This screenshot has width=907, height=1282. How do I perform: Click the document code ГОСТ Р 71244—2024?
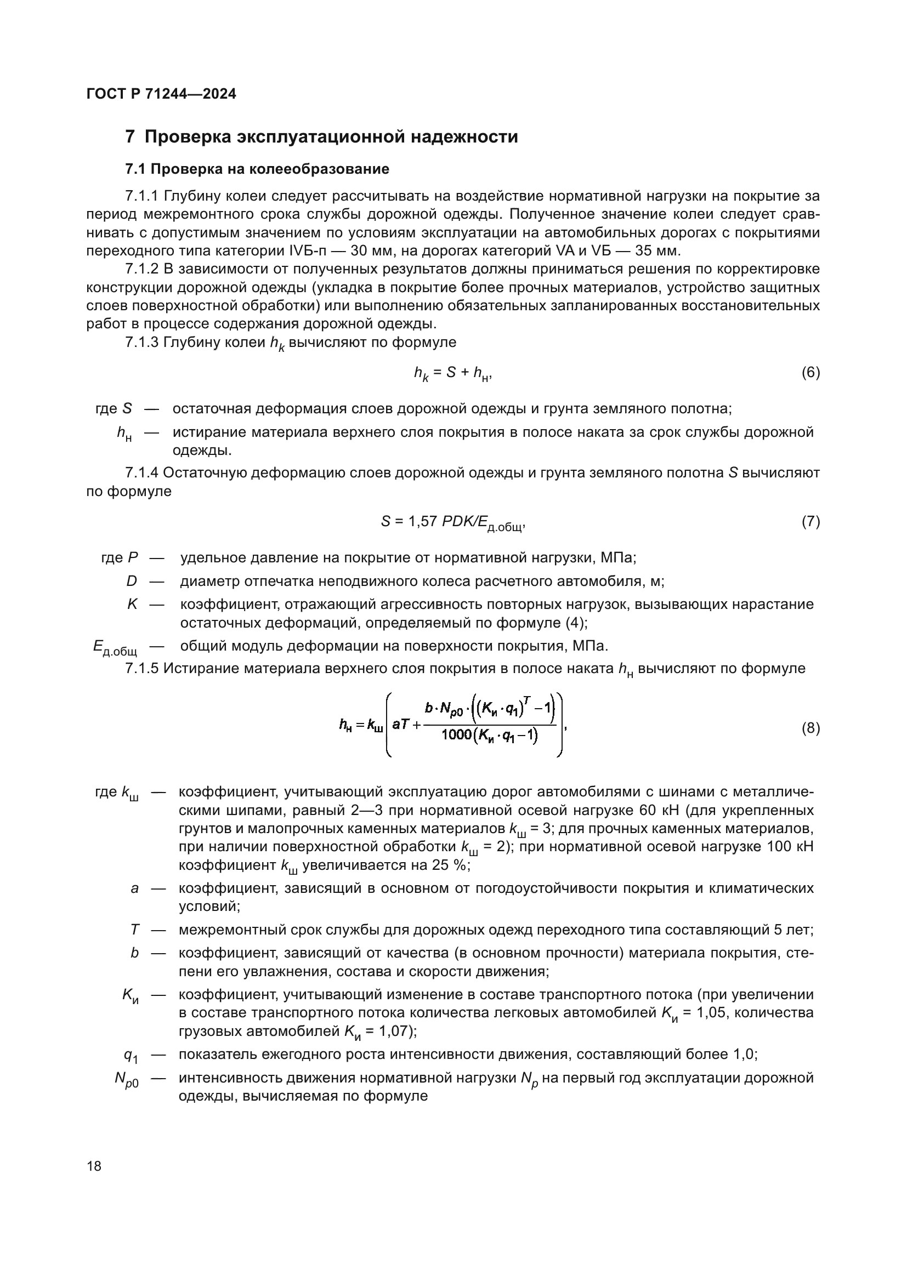pyautogui.click(x=161, y=94)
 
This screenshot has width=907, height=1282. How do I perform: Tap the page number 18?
pyautogui.click(x=94, y=1166)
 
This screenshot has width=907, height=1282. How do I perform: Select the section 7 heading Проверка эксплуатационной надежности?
pyautogui.click(x=322, y=137)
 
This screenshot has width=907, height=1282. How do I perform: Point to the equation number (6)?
pyautogui.click(x=810, y=372)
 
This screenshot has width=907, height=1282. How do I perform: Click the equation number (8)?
pyautogui.click(x=810, y=728)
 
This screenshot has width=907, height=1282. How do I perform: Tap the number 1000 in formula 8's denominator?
pyautogui.click(x=456, y=736)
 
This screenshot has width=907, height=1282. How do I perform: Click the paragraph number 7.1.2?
pyautogui.click(x=143, y=269)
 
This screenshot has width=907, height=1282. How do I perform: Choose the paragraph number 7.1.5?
pyautogui.click(x=143, y=668)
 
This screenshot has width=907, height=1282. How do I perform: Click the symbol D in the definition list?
pyautogui.click(x=131, y=581)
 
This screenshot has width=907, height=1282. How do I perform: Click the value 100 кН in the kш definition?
pyautogui.click(x=790, y=846)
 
